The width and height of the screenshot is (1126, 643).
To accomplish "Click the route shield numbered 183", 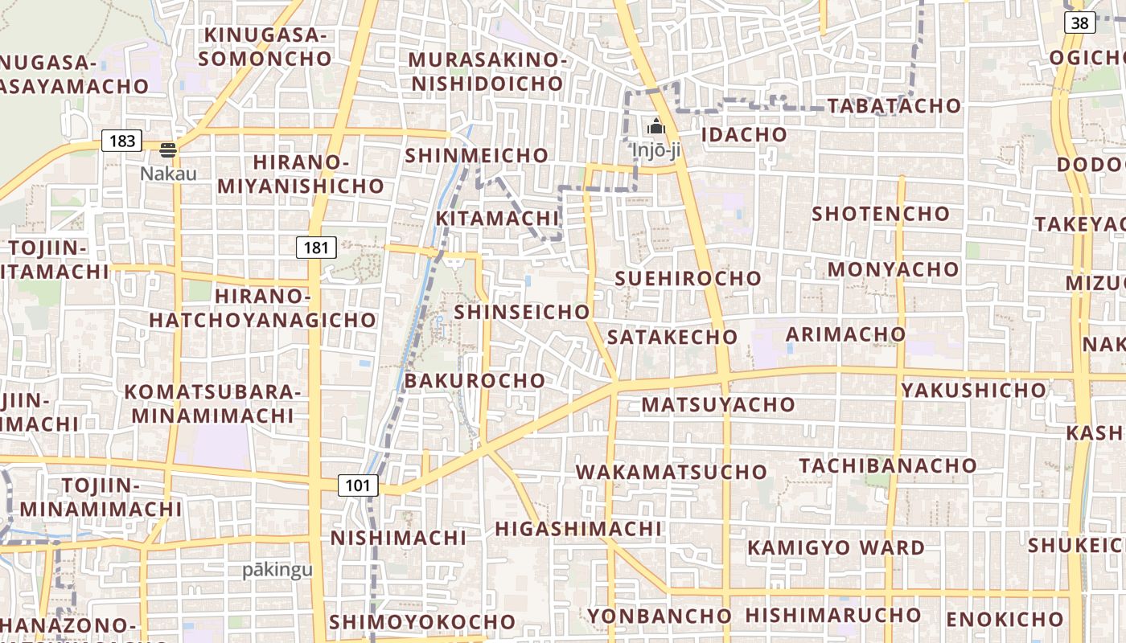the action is (122, 141).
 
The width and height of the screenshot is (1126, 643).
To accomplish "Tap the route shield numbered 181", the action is (316, 248).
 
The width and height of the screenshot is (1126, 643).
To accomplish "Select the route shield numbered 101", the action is (358, 485).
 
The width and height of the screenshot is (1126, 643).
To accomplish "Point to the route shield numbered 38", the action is (1079, 23).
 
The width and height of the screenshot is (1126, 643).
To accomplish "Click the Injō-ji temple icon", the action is (655, 127).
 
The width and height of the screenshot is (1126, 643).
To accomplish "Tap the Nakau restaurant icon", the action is (168, 149).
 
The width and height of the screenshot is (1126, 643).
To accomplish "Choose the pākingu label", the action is (277, 570).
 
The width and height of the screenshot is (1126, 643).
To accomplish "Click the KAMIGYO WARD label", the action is (836, 548).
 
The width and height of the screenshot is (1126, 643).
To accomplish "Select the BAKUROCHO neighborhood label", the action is (475, 381).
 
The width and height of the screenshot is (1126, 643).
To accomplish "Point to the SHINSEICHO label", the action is (522, 312).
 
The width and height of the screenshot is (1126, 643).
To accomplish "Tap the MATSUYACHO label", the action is (718, 405).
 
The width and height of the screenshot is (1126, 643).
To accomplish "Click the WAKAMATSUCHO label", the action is (672, 472).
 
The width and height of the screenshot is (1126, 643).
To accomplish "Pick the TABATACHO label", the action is (894, 106).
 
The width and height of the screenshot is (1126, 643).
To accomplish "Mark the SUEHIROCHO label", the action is (688, 279).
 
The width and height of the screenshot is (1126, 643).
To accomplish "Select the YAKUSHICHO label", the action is (974, 391).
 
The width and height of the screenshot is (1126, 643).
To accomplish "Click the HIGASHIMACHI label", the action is (578, 529).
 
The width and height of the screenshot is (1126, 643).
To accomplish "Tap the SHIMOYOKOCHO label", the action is (422, 622).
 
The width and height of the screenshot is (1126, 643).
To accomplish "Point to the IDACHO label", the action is (744, 134).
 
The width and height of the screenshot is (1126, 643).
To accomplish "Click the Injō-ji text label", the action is (655, 150).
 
